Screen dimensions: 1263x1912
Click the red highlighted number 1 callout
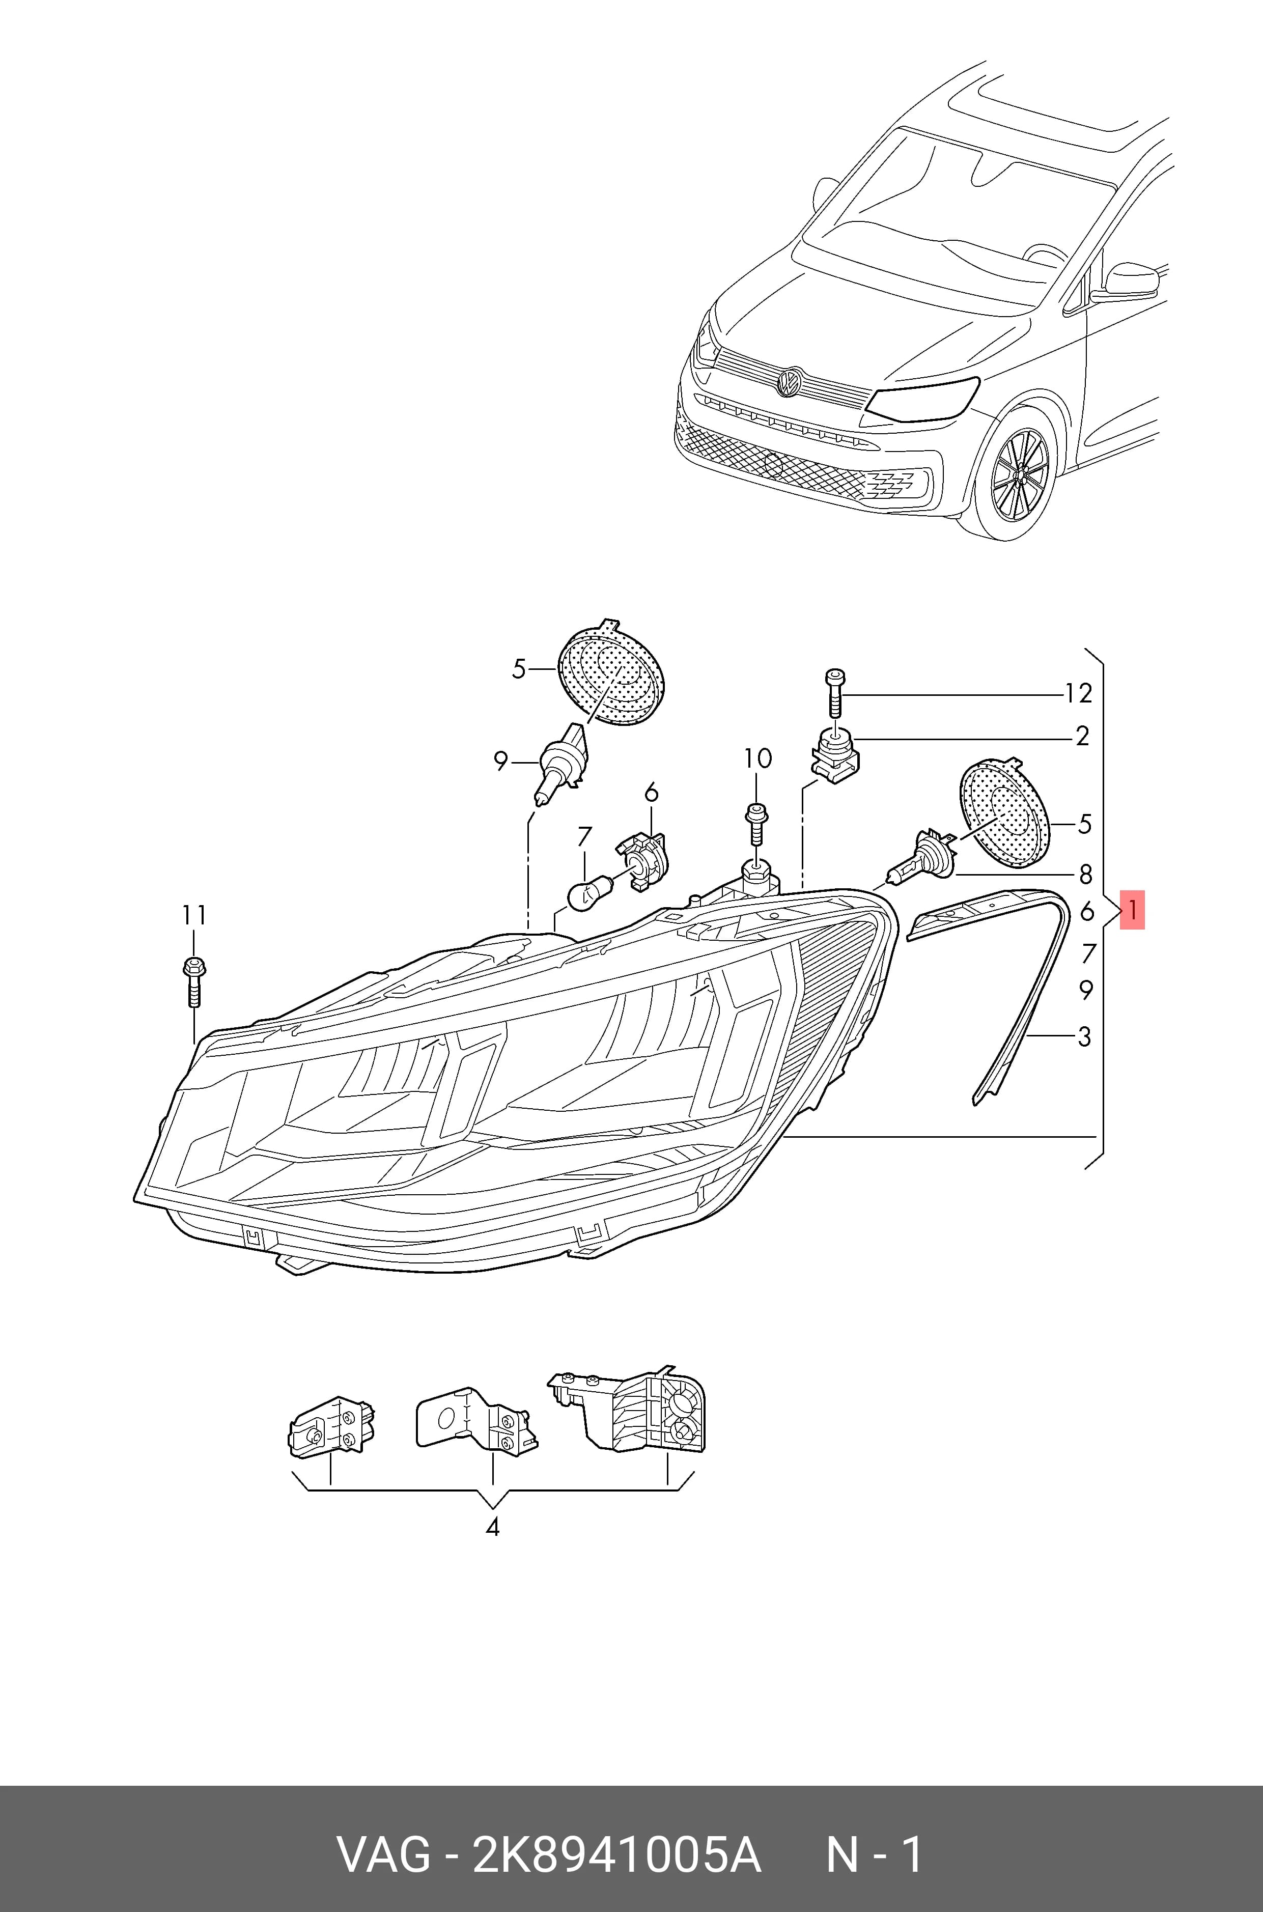coord(1132,910)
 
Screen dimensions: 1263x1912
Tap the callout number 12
coord(1078,693)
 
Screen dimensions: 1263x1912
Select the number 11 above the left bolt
coord(194,916)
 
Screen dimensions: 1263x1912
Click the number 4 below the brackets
coord(492,1526)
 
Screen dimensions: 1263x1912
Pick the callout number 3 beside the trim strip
coord(1084,1036)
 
